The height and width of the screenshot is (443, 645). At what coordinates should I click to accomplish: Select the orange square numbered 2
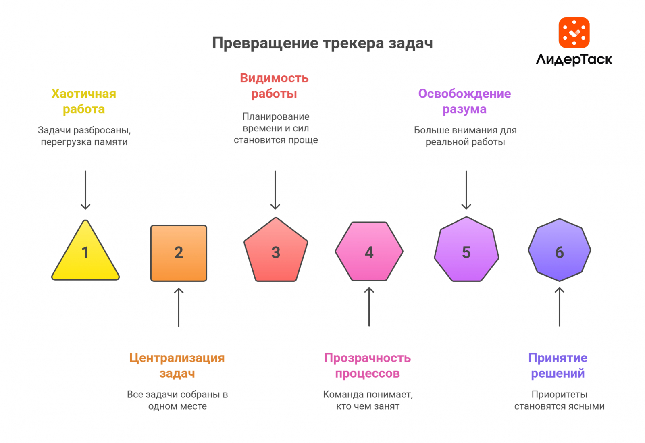179,253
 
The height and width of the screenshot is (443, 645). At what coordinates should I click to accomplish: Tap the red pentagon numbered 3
276,252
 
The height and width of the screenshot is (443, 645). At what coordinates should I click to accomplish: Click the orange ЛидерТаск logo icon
574,33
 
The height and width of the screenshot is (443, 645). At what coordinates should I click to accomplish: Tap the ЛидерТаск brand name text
574,60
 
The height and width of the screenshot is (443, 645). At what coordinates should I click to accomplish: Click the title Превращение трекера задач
322,43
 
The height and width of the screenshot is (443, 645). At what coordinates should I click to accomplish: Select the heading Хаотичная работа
84,101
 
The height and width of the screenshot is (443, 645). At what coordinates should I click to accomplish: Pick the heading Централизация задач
177,365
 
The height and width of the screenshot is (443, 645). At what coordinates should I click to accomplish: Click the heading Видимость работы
274,85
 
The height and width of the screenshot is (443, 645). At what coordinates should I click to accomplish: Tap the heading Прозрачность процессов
367,365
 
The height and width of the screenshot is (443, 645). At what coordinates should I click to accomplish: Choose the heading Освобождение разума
464,101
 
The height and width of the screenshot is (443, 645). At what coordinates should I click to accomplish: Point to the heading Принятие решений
558,365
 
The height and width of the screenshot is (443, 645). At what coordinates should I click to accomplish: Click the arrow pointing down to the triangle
85,189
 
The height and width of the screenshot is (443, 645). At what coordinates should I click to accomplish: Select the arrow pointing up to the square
179,307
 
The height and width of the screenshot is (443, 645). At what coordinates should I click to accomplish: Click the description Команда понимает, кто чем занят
368,400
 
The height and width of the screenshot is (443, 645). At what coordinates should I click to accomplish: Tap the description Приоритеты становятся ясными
559,400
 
